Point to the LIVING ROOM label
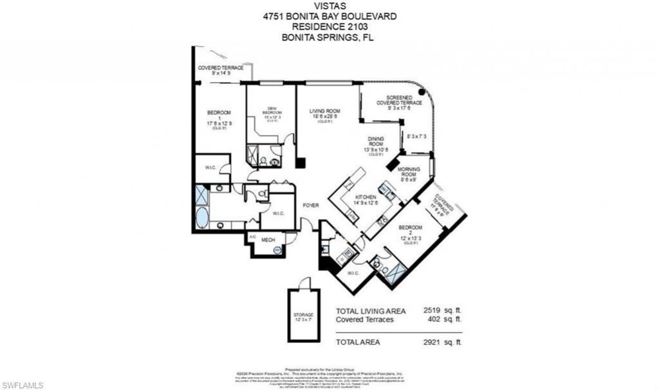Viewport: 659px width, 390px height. tap(325, 111)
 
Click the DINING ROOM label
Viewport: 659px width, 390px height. tap(376, 141)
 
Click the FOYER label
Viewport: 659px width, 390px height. tap(311, 206)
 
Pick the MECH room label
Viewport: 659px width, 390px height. tap(268, 240)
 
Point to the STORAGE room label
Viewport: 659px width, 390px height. tap(303, 315)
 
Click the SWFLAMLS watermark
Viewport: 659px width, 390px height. tap(23, 385)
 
